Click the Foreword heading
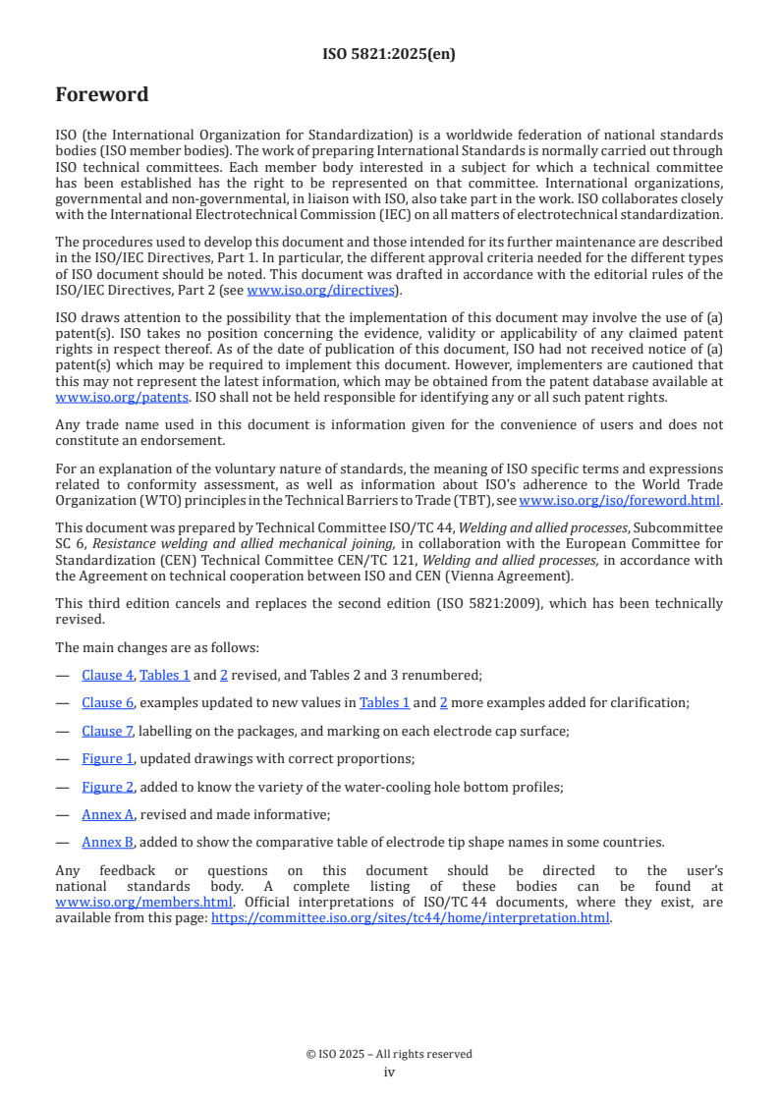pos(102,95)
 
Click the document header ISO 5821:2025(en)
pos(389,54)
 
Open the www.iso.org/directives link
pos(320,290)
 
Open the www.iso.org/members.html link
pos(143,902)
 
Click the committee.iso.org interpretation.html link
pos(411,918)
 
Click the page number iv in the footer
pos(389,1072)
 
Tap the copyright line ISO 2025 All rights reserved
pos(389,1054)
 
